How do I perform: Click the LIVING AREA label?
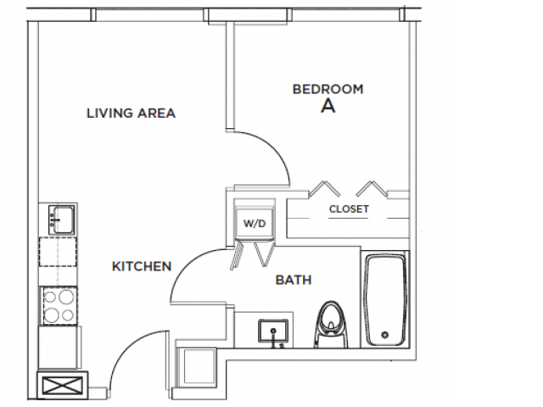click(x=131, y=113)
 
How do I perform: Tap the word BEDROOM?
click(x=327, y=89)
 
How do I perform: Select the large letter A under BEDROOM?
click(x=327, y=107)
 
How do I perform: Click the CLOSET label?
click(x=349, y=209)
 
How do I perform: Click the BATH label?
click(x=294, y=279)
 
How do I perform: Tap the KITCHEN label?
click(x=142, y=266)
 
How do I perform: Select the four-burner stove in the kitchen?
click(x=58, y=306)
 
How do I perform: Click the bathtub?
click(x=387, y=300)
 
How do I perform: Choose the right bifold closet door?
click(x=372, y=188)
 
